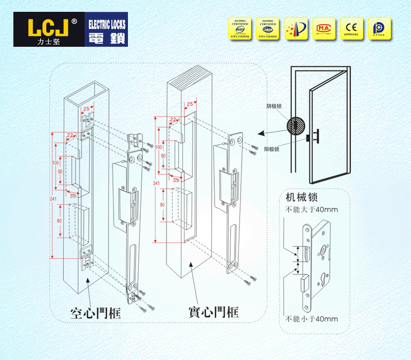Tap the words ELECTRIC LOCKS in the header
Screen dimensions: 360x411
click(x=107, y=24)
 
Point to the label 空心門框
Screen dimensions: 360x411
click(x=96, y=312)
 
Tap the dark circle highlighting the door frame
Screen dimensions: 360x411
click(x=295, y=126)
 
